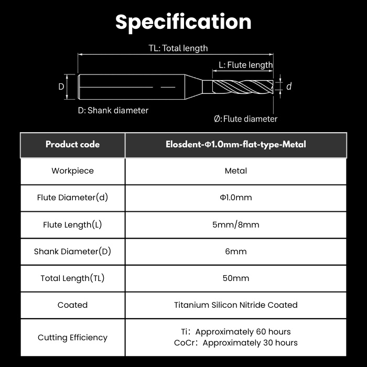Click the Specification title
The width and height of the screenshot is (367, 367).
pyautogui.click(x=183, y=23)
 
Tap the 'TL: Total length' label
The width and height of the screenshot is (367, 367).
pyautogui.click(x=178, y=48)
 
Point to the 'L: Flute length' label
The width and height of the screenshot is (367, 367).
pyautogui.click(x=246, y=65)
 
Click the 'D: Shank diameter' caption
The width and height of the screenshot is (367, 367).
pyautogui.click(x=113, y=110)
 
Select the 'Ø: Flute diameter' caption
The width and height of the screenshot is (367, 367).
pyautogui.click(x=245, y=119)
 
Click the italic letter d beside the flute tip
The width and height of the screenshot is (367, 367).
pyautogui.click(x=289, y=87)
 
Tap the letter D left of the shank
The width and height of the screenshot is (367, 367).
pyautogui.click(x=61, y=87)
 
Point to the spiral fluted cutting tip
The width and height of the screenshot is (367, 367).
pyautogui.click(x=243, y=87)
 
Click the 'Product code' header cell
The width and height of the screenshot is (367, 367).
pyautogui.click(x=72, y=144)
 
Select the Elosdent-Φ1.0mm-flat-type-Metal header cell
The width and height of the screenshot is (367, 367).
pyautogui.click(x=236, y=144)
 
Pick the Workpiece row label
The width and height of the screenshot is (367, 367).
pyautogui.click(x=72, y=170)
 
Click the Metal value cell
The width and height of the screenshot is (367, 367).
pyautogui.click(x=236, y=171)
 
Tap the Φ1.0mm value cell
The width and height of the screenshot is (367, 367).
pyautogui.click(x=236, y=198)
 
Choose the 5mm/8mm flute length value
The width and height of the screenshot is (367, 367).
pyautogui.click(x=236, y=225)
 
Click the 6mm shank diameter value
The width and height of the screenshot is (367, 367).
pyautogui.click(x=236, y=251)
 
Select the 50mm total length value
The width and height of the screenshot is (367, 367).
pyautogui.click(x=236, y=278)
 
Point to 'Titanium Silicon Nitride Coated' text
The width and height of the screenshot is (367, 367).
pyautogui.click(x=236, y=305)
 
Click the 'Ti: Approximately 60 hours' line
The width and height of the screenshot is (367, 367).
pyautogui.click(x=236, y=332)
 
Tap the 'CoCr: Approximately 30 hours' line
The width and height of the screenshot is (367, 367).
pyautogui.click(x=236, y=343)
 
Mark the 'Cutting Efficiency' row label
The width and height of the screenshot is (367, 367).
pyautogui.click(x=72, y=338)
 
